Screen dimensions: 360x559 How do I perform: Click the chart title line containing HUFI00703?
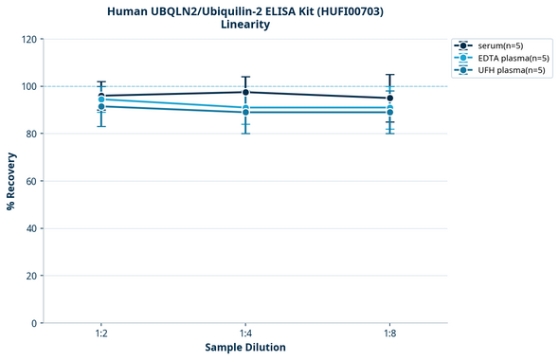pyautogui.click(x=245, y=10)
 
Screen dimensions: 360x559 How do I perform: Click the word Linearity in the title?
pyautogui.click(x=245, y=25)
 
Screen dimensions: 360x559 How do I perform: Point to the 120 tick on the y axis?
pyautogui.click(x=27, y=39)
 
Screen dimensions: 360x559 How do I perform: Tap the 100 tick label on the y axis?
pyautogui.click(x=27, y=86)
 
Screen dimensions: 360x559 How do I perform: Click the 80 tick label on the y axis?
pyautogui.click(x=30, y=134)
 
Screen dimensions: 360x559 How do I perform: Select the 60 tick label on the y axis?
pyautogui.click(x=30, y=181)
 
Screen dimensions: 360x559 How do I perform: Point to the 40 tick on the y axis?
pyautogui.click(x=30, y=228)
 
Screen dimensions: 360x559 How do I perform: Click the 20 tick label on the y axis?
pyautogui.click(x=30, y=276)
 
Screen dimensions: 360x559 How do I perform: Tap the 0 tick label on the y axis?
pyautogui.click(x=33, y=323)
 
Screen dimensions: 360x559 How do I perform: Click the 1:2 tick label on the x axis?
pyautogui.click(x=101, y=334)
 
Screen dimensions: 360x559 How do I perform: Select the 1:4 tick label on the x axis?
pyautogui.click(x=245, y=334)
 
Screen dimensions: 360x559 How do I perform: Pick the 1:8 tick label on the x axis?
pyautogui.click(x=389, y=334)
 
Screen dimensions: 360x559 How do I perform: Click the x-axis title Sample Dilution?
pyautogui.click(x=245, y=348)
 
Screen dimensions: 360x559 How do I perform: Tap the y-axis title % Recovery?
pyautogui.click(x=11, y=181)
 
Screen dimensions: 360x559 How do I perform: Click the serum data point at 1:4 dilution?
pyautogui.click(x=245, y=92)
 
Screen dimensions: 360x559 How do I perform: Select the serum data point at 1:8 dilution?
pyautogui.click(x=389, y=98)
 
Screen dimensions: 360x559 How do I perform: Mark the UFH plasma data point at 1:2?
pyautogui.click(x=101, y=106)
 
